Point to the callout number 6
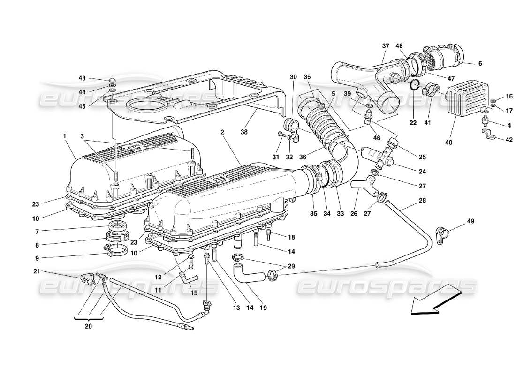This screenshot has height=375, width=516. [479, 63]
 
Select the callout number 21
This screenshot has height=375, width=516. [37, 271]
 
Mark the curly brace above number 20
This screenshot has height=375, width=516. [88, 319]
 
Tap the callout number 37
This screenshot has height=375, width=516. [386, 46]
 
